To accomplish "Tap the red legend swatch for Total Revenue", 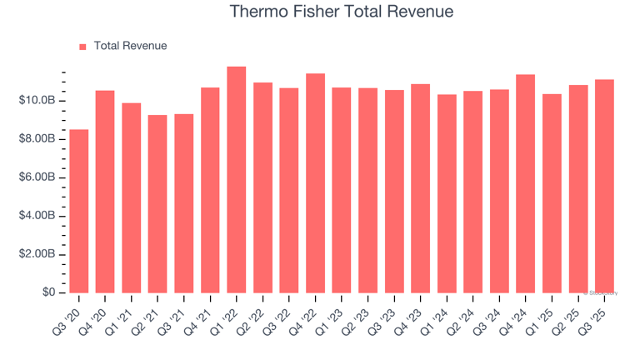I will tap(82, 47).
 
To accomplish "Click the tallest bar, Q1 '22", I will tap(237, 179).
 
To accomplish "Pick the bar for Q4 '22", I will tap(315, 183).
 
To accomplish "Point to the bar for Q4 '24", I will tap(525, 183).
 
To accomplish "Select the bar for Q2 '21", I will tap(157, 203).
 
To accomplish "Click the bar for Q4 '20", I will tap(105, 192).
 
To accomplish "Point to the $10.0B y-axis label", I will tap(38, 101).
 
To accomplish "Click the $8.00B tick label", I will tap(38, 139).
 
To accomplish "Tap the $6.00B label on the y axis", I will tap(38, 177).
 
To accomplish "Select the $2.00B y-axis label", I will tap(38, 254).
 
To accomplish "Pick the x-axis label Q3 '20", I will tap(68, 315).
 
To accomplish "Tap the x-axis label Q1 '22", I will tap(226, 315).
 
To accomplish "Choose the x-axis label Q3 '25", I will tap(593, 315).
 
